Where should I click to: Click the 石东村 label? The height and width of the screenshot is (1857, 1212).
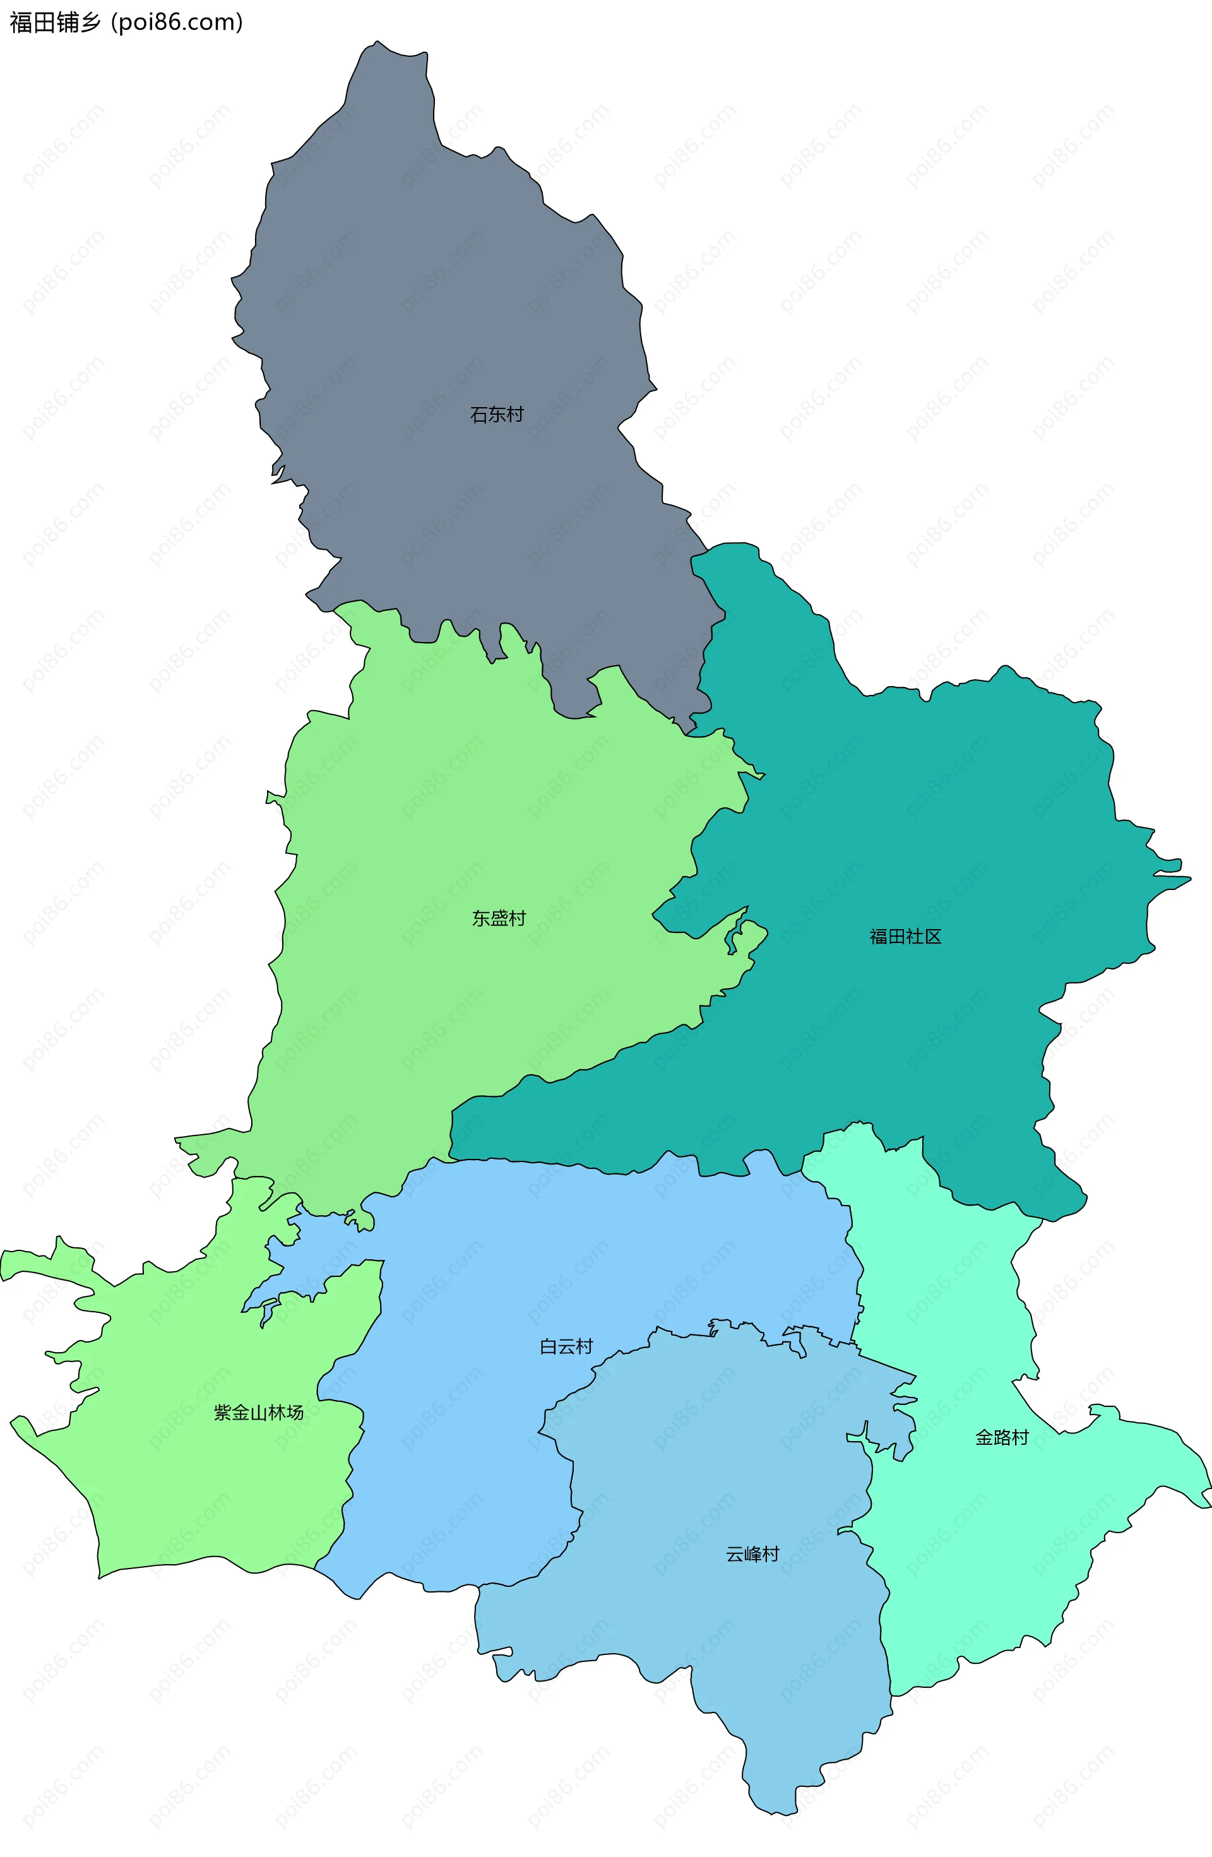pyautogui.click(x=496, y=414)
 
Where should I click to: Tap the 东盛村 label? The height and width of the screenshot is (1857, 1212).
pyautogui.click(x=499, y=918)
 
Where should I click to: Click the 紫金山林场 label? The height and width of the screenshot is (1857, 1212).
pyautogui.click(x=258, y=1412)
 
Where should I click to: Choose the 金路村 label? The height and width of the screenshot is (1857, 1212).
pyautogui.click(x=1002, y=1437)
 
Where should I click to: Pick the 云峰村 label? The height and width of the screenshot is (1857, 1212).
pyautogui.click(x=752, y=1554)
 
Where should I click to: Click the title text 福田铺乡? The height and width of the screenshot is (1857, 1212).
pyautogui.click(x=55, y=23)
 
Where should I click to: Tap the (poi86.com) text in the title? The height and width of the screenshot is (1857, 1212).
pyautogui.click(x=177, y=23)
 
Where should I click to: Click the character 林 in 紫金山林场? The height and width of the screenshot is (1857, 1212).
pyautogui.click(x=276, y=1412)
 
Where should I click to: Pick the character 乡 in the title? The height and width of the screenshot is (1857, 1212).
pyautogui.click(x=90, y=23)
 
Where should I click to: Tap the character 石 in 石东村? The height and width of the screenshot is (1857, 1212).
pyautogui.click(x=478, y=414)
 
